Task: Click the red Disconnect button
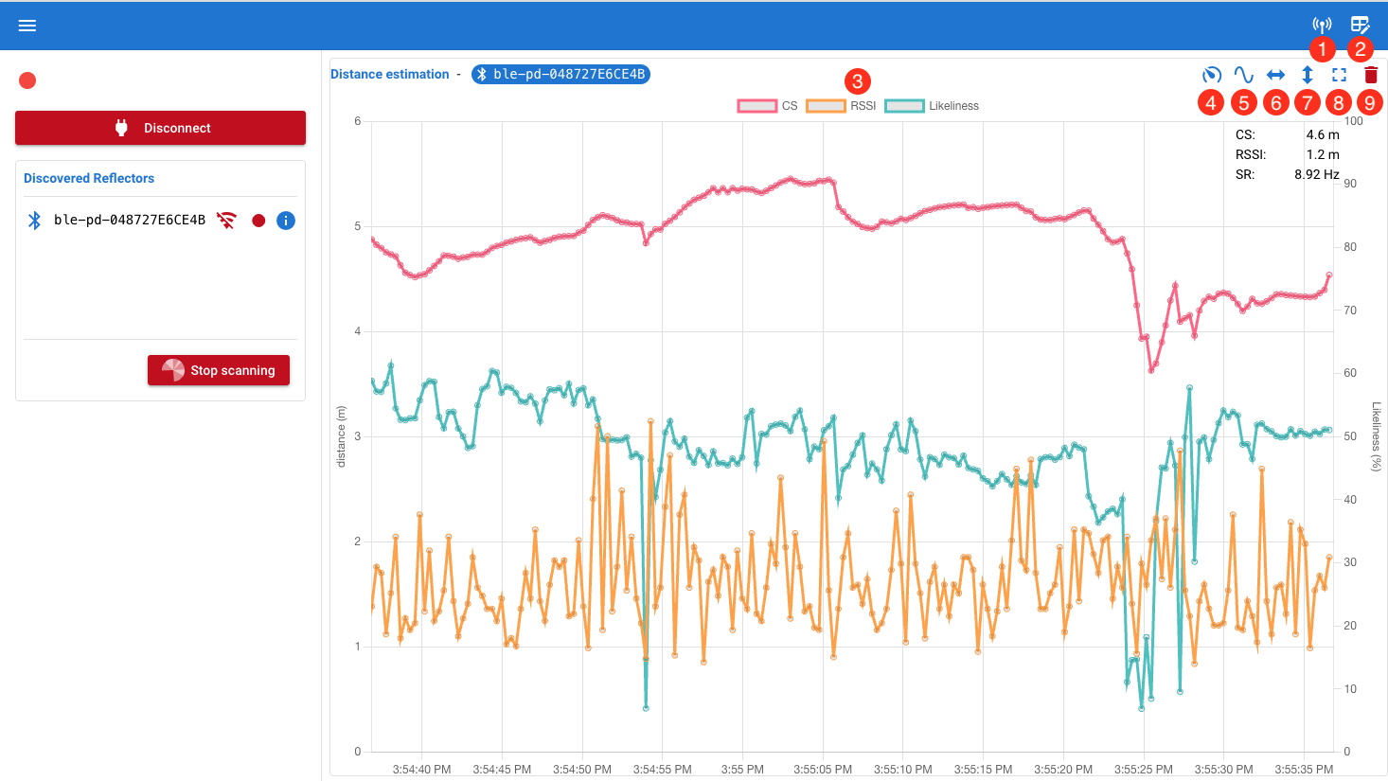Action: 160,128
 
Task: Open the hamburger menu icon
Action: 27,26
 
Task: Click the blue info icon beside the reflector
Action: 286,221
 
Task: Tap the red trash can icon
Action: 1370,75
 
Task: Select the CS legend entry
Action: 768,106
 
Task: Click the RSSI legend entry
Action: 841,106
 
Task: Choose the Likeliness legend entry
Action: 932,106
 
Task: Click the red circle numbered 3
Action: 858,81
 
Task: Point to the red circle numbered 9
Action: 1369,102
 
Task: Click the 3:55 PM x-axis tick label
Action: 742,770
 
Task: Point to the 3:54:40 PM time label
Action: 421,770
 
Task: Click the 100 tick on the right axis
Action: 1354,121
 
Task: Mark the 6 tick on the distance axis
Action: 357,121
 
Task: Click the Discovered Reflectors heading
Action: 89,178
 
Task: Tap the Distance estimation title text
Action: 389,74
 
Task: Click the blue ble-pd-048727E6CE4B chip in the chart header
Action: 561,74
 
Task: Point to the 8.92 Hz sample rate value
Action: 1316,174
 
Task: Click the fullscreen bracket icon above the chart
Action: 1339,75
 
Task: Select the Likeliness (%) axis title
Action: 1377,436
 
